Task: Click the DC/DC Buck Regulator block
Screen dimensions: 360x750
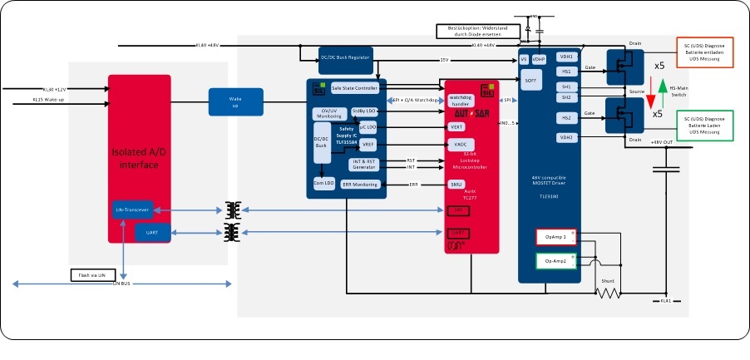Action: [x=345, y=57]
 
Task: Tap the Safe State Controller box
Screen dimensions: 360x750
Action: [x=354, y=87]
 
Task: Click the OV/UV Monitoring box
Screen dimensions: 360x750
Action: [x=329, y=114]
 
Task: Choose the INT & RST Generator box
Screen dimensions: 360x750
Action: [x=364, y=164]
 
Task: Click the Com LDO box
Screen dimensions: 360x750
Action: [x=323, y=181]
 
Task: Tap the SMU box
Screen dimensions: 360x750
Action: [x=456, y=184]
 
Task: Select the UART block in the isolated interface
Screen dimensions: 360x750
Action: [x=152, y=233]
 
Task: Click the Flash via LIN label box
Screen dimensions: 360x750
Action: [x=97, y=274]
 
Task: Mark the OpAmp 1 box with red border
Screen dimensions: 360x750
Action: [x=555, y=237]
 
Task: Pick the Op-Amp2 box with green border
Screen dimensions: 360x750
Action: [x=555, y=261]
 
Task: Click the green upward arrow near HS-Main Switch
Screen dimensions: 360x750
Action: [x=662, y=87]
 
